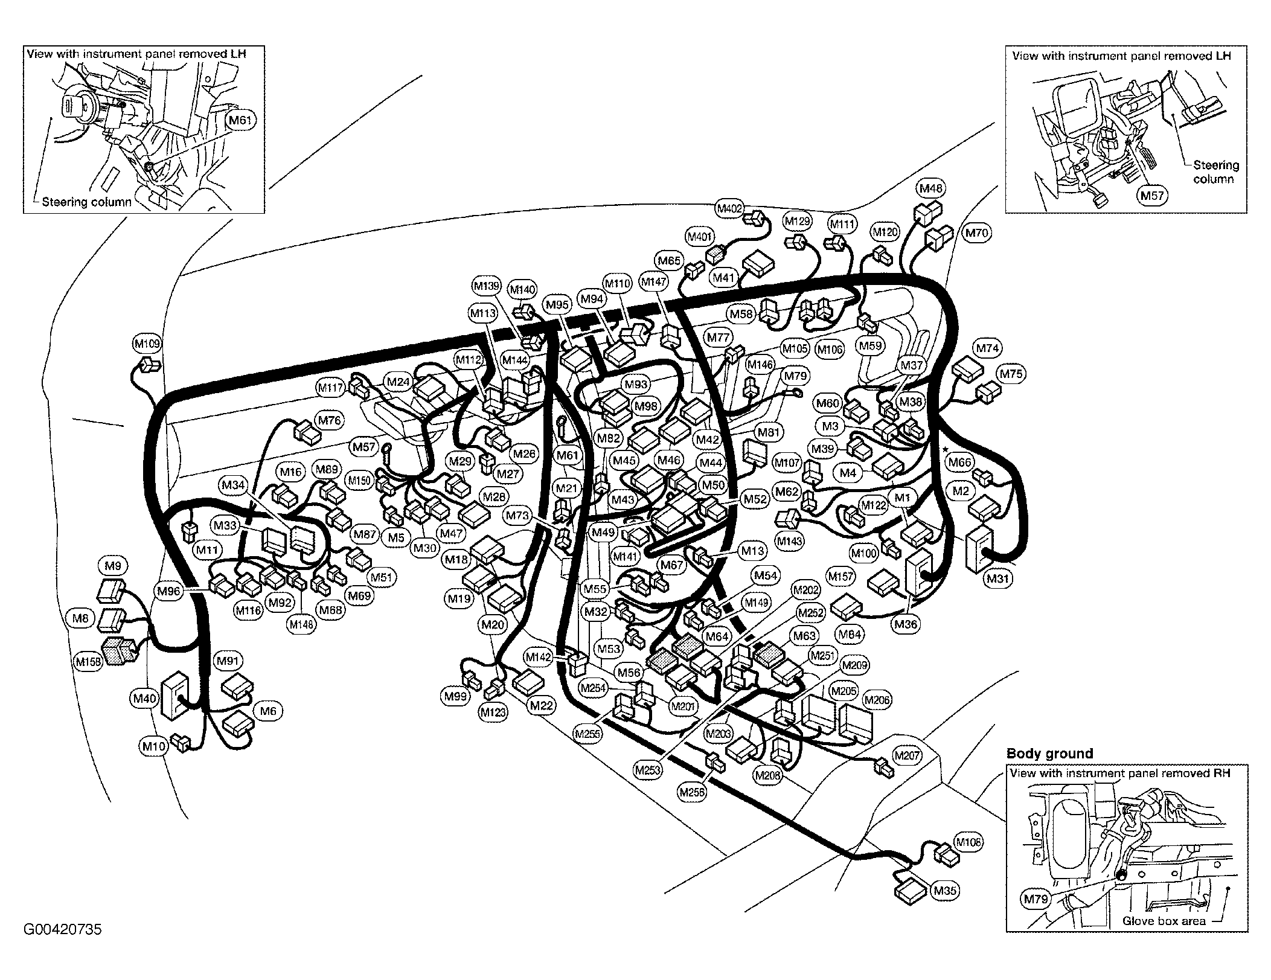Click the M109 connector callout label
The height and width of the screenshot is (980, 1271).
(x=147, y=344)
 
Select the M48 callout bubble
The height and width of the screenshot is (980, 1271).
(x=931, y=188)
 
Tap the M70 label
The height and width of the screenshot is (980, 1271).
(x=976, y=232)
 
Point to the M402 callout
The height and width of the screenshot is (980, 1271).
(x=729, y=209)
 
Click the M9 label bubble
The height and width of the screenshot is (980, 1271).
(x=113, y=566)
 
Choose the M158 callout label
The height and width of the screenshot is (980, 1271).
(x=88, y=662)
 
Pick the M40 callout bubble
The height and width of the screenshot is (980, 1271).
(x=144, y=699)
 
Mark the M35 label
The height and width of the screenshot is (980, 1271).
(x=945, y=891)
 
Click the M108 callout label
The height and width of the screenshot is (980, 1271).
(x=968, y=842)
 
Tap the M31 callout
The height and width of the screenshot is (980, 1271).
(x=998, y=578)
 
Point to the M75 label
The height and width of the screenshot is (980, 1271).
(x=1011, y=374)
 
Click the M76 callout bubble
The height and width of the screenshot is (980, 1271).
(x=329, y=420)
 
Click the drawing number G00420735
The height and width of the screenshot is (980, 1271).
(x=63, y=929)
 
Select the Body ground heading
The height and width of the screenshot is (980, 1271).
(x=1050, y=754)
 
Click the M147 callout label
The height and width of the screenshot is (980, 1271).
(x=654, y=281)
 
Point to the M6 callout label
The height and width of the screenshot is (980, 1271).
(x=268, y=711)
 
